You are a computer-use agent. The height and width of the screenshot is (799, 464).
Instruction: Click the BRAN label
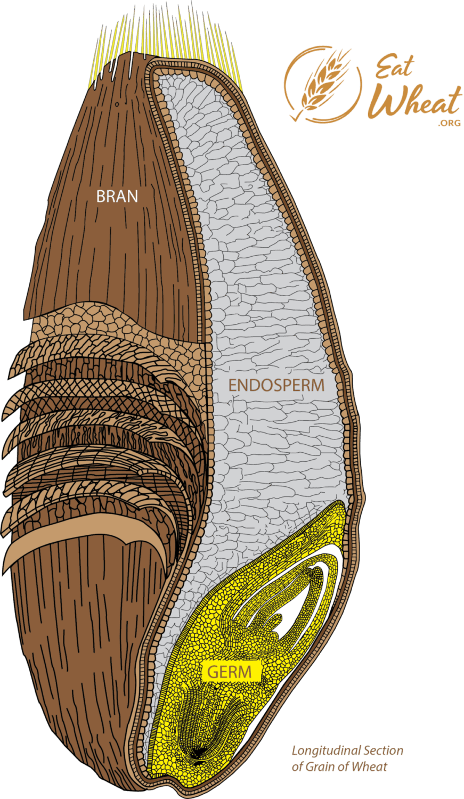click(117, 196)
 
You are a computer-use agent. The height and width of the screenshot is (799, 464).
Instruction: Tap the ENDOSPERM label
click(276, 385)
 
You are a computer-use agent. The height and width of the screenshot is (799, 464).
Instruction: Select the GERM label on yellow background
click(229, 672)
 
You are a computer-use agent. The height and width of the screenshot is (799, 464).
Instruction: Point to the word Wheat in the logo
click(416, 103)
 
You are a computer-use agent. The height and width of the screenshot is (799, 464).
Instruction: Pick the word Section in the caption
click(382, 751)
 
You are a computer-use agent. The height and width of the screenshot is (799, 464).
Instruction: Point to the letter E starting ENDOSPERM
click(233, 385)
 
